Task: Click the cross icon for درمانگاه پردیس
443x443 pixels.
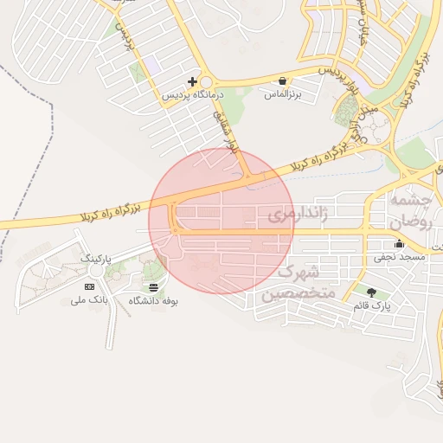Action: coord(192,82)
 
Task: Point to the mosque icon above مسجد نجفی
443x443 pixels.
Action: coord(399,243)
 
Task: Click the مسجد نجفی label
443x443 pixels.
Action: coord(399,257)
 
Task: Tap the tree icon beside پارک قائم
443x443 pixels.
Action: coord(372,292)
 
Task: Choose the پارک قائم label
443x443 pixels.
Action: coord(372,306)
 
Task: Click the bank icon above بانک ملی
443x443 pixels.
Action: coord(89,286)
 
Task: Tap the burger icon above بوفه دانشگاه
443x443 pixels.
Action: coord(153,287)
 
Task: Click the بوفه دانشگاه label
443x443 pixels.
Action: coord(153,301)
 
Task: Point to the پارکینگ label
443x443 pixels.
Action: coord(98,259)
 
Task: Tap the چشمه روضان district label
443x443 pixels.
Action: coord(410,210)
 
